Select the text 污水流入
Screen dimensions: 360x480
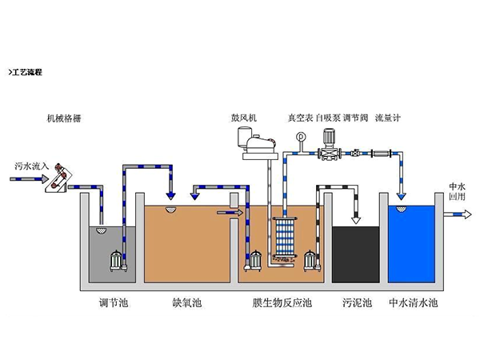32,166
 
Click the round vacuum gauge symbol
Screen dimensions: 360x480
301,137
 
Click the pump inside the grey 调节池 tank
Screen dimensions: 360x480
121,261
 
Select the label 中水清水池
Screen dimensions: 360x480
413,303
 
